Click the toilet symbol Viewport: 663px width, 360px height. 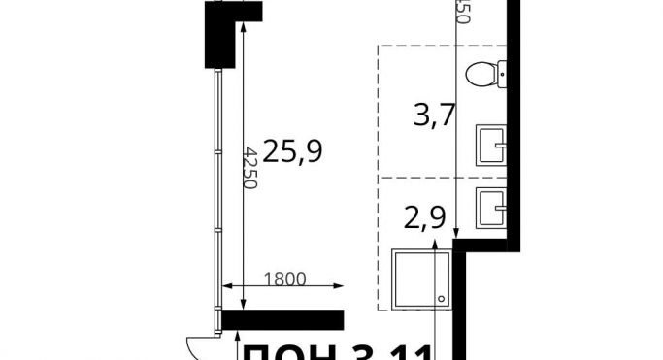click(483, 74)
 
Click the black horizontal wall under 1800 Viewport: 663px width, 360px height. click(283, 320)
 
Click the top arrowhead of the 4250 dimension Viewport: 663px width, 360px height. click(243, 29)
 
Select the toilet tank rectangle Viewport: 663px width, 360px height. click(502, 74)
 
